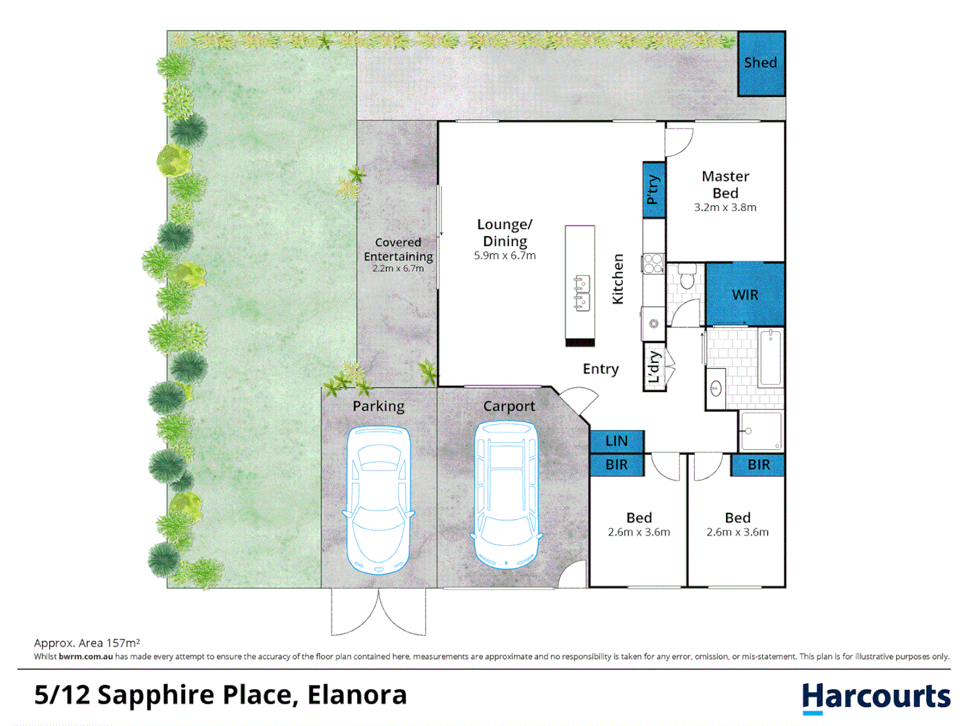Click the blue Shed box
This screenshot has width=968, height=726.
pos(761,63)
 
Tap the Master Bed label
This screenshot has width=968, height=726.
pos(724,185)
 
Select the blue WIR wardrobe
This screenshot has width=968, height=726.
pos(745,294)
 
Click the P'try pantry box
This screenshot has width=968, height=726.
pos(653,190)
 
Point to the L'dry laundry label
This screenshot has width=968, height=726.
pos(654,367)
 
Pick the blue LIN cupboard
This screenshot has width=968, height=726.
pos(616,441)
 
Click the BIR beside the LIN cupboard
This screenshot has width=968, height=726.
pos(616,465)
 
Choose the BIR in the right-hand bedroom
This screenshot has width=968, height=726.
pos(758,465)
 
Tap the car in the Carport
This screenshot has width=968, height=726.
pos(506,495)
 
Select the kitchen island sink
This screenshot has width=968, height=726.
pos(582,293)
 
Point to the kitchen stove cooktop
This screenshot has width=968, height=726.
pos(653,263)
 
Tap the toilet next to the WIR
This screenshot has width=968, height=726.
pos(686,278)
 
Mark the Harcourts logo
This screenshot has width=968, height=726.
pos(876,698)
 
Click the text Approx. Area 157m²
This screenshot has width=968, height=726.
pos(87,643)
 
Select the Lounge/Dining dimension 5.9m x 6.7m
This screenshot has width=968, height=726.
pos(505,255)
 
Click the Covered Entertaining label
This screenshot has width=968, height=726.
pos(398,249)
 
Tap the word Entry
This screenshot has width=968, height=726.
pos(600,369)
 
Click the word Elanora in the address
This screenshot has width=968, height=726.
pos(357,695)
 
